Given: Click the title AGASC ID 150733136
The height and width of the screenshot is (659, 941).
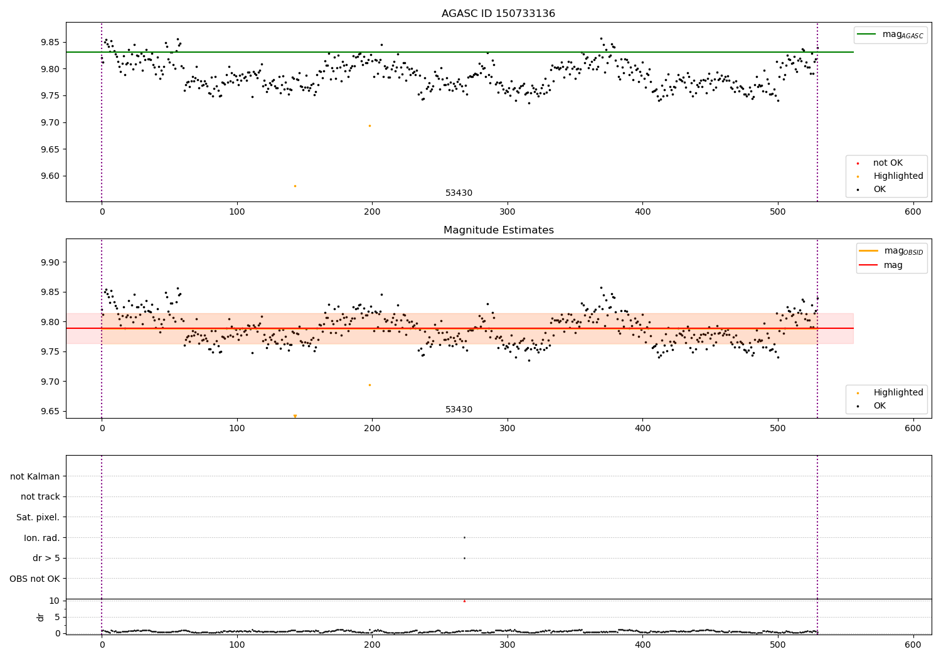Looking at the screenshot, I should pyautogui.click(x=498, y=14).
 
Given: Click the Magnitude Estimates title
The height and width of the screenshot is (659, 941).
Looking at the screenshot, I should pyautogui.click(x=498, y=230).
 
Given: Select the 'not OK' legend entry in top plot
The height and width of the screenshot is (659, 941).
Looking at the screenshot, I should pyautogui.click(x=887, y=163).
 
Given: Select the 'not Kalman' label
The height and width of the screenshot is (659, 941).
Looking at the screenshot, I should pyautogui.click(x=35, y=476).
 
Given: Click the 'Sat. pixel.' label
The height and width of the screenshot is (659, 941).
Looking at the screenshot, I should pyautogui.click(x=38, y=517).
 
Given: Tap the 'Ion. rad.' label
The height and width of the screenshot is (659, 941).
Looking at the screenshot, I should pyautogui.click(x=41, y=538).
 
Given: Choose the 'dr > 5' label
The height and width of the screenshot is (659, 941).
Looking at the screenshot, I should pyautogui.click(x=46, y=558).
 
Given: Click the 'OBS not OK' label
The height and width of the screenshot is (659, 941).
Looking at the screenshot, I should pyautogui.click(x=35, y=579).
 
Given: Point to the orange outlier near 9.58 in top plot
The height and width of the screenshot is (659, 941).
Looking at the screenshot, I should pyautogui.click(x=295, y=186).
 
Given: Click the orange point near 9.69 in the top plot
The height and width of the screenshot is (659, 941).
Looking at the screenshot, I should pyautogui.click(x=369, y=126).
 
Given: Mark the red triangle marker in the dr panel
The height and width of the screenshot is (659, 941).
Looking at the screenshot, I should pyautogui.click(x=464, y=601).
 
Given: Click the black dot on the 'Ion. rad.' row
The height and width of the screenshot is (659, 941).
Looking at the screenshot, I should pyautogui.click(x=464, y=537).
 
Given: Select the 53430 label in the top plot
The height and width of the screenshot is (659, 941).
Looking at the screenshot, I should pyautogui.click(x=459, y=193).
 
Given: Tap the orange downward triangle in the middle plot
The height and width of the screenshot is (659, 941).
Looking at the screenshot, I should pyautogui.click(x=295, y=416).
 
